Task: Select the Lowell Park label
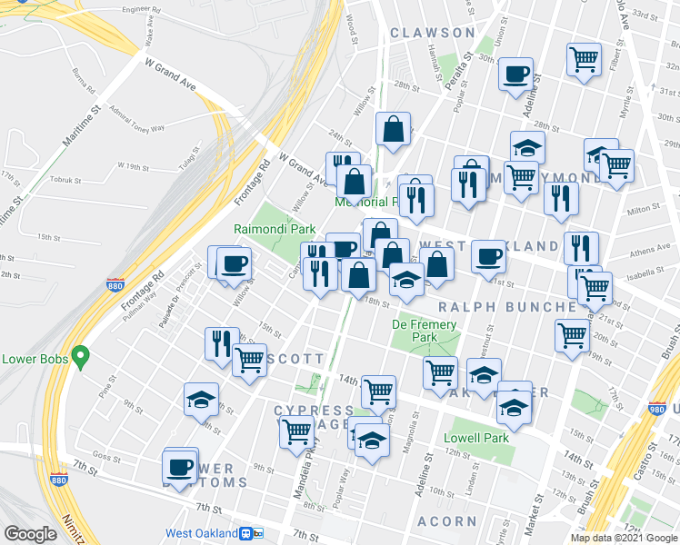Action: tap(476, 438)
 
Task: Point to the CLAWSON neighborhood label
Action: tap(433, 33)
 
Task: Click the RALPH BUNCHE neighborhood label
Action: tap(508, 307)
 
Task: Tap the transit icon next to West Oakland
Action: tap(252, 534)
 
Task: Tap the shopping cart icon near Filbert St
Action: tap(583, 60)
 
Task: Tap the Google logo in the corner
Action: tap(31, 534)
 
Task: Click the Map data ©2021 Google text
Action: tap(624, 539)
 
